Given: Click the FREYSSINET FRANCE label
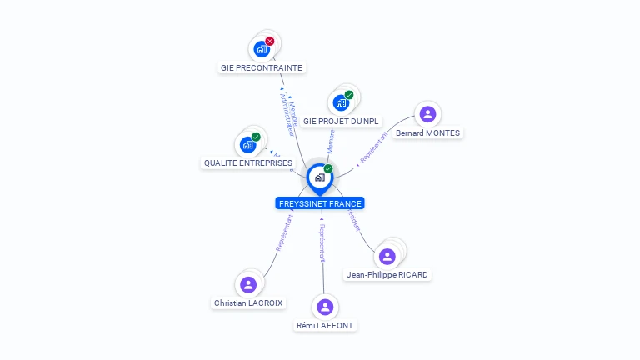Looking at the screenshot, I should pyautogui.click(x=320, y=203).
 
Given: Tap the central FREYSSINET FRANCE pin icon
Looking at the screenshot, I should pyautogui.click(x=319, y=177).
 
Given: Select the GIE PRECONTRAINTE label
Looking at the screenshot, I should pyautogui.click(x=262, y=67).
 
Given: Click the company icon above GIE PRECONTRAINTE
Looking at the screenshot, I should pyautogui.click(x=262, y=48).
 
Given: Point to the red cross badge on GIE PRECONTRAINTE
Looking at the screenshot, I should pyautogui.click(x=269, y=41).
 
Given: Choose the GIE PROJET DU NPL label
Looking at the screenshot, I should pyautogui.click(x=341, y=121).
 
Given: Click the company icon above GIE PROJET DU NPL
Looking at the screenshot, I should pyautogui.click(x=340, y=102).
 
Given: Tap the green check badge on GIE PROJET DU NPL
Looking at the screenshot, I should pyautogui.click(x=349, y=95).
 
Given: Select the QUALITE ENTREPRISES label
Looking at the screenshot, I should pyautogui.click(x=248, y=163).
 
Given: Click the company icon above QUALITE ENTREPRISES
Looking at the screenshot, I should pyautogui.click(x=247, y=144).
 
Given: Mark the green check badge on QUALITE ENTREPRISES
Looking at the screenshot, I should pyautogui.click(x=256, y=137).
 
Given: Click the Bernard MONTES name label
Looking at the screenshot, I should pyautogui.click(x=427, y=132).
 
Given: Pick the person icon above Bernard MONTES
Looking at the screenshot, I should pyautogui.click(x=427, y=114).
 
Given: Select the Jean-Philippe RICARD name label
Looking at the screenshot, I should pyautogui.click(x=387, y=274).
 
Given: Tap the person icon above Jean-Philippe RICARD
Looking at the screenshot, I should pyautogui.click(x=387, y=256).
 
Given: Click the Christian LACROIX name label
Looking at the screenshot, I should pyautogui.click(x=248, y=303).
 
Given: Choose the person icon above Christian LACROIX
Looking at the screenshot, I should pyautogui.click(x=247, y=284).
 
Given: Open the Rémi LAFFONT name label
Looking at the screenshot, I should pyautogui.click(x=326, y=325).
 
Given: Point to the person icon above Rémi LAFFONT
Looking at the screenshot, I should pyautogui.click(x=326, y=307).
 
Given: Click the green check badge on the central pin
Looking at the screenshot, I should pyautogui.click(x=328, y=169).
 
